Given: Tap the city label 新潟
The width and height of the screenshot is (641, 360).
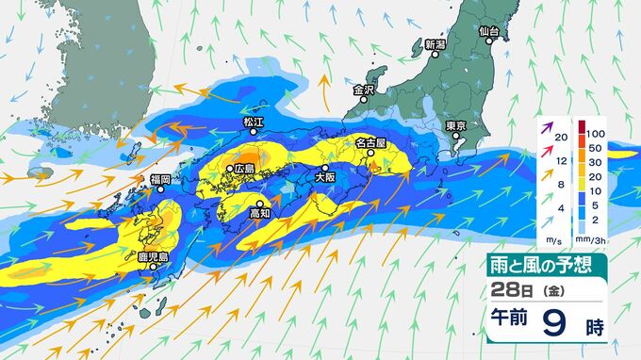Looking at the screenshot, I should click(435, 44).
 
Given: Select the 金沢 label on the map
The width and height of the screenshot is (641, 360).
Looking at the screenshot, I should click(364, 90).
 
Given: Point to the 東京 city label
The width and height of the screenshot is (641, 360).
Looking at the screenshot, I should click(458, 125).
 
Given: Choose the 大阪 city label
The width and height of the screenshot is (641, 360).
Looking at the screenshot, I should click(325, 175).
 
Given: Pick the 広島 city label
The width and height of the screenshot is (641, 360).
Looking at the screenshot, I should click(243, 168).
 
